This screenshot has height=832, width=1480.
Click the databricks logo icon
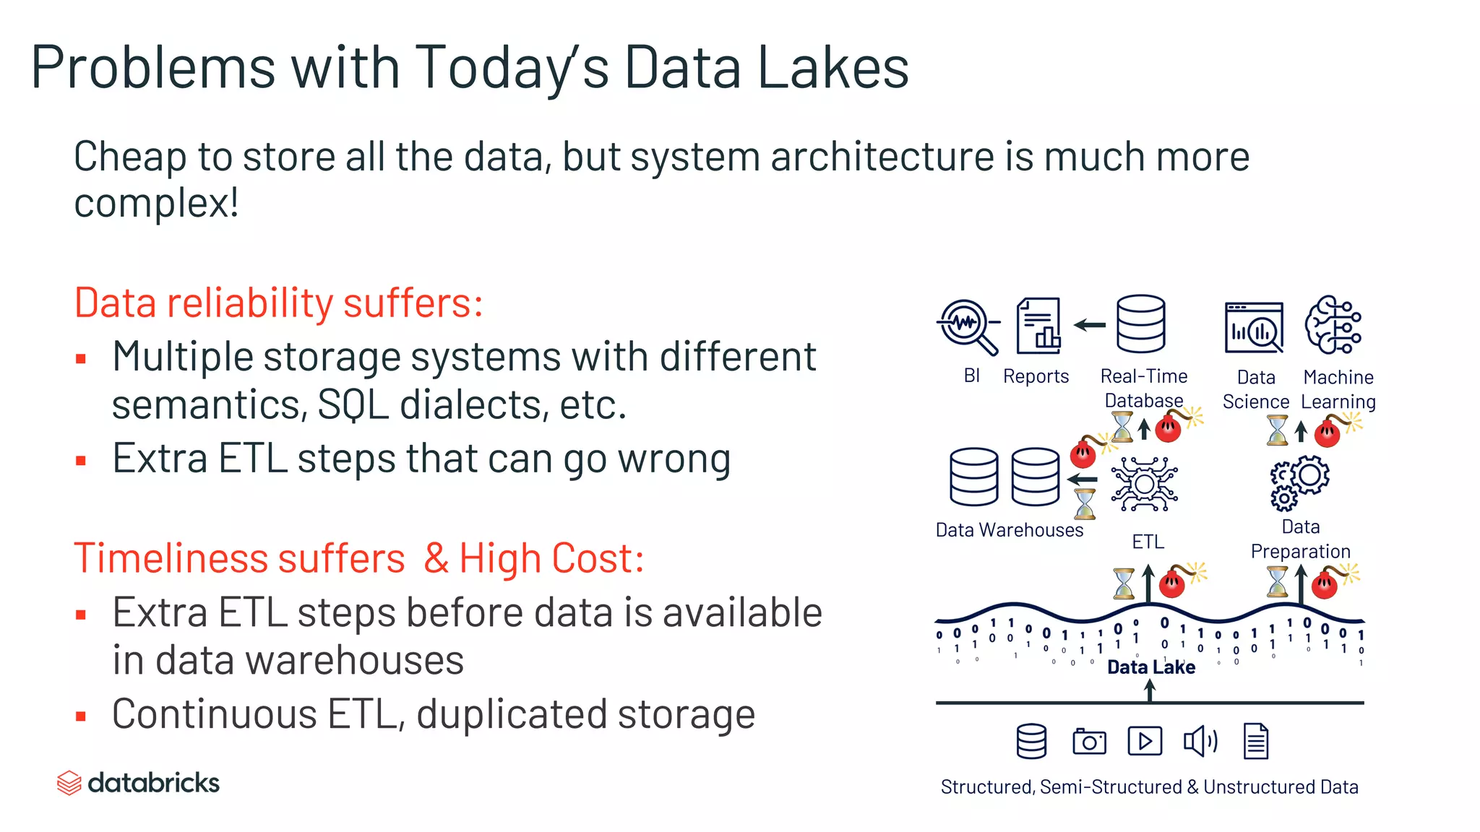tap(69, 783)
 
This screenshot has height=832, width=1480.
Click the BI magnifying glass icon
tap(968, 326)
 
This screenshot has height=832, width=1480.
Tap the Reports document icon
tap(1038, 326)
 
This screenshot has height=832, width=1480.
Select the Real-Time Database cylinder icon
tap(1140, 324)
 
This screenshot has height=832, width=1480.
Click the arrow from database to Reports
tap(1090, 325)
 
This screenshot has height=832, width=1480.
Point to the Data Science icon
tap(1254, 328)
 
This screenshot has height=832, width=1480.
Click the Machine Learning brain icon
tap(1333, 325)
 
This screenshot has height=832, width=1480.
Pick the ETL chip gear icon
tap(1145, 484)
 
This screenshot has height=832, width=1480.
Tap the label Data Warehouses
tap(1009, 530)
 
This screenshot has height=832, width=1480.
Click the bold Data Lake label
tap(1150, 667)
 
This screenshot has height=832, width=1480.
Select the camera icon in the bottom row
tap(1089, 742)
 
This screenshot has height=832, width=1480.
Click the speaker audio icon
tap(1200, 741)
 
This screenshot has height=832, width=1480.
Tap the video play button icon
tap(1145, 741)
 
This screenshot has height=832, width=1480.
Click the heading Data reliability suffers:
tap(278, 303)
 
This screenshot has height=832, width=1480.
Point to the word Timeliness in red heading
tap(171, 558)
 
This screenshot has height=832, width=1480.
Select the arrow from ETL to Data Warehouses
tap(1083, 479)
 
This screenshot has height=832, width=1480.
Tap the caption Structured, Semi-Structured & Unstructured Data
tap(1149, 786)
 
